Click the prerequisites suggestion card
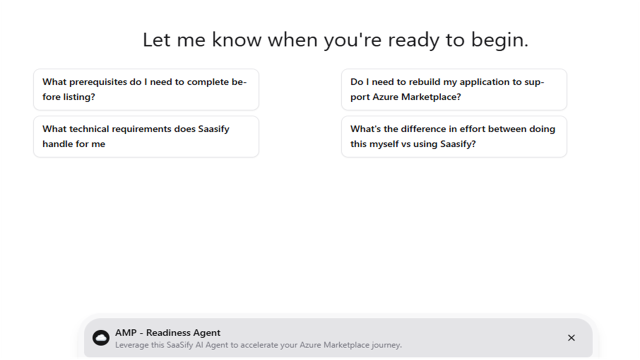pyautogui.click(x=146, y=89)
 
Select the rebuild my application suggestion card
pyautogui.click(x=454, y=89)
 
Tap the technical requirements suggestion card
pyautogui.click(x=146, y=136)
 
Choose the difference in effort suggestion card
pyautogui.click(x=454, y=136)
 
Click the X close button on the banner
pyautogui.click(x=571, y=338)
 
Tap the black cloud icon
pyautogui.click(x=101, y=338)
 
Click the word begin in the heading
pyautogui.click(x=499, y=40)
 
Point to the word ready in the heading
pyautogui.click(x=413, y=40)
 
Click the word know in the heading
pyautogui.click(x=236, y=39)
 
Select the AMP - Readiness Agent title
pyautogui.click(x=167, y=333)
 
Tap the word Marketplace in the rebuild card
pyautogui.click(x=431, y=97)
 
